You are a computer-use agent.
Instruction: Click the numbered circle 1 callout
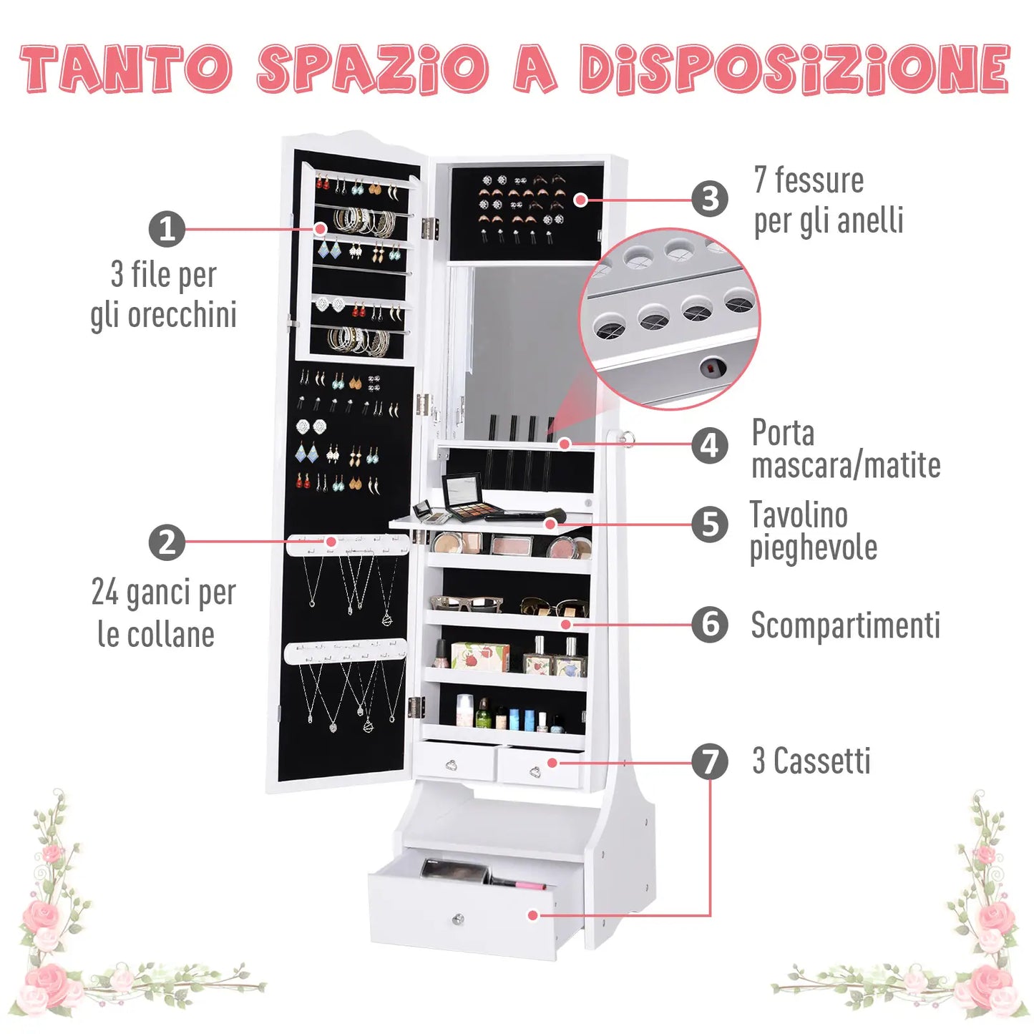click(x=167, y=229)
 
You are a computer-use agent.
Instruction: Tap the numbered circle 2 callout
click(x=167, y=542)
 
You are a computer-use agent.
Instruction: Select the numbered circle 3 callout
click(x=710, y=198)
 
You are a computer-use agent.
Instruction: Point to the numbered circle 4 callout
click(x=709, y=445)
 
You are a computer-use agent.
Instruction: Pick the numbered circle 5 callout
click(x=709, y=524)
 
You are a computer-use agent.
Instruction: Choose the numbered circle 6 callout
click(x=709, y=624)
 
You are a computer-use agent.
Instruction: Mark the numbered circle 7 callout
click(x=709, y=761)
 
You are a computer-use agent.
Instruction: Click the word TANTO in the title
click(x=126, y=69)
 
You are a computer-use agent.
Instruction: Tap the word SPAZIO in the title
click(x=372, y=69)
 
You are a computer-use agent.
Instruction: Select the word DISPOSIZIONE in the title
click(x=794, y=69)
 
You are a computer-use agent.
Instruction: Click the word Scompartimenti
click(x=845, y=625)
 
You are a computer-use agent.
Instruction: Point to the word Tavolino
click(x=799, y=515)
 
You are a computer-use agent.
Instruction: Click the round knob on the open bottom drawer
click(x=459, y=919)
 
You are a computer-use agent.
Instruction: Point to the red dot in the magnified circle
click(x=711, y=369)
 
